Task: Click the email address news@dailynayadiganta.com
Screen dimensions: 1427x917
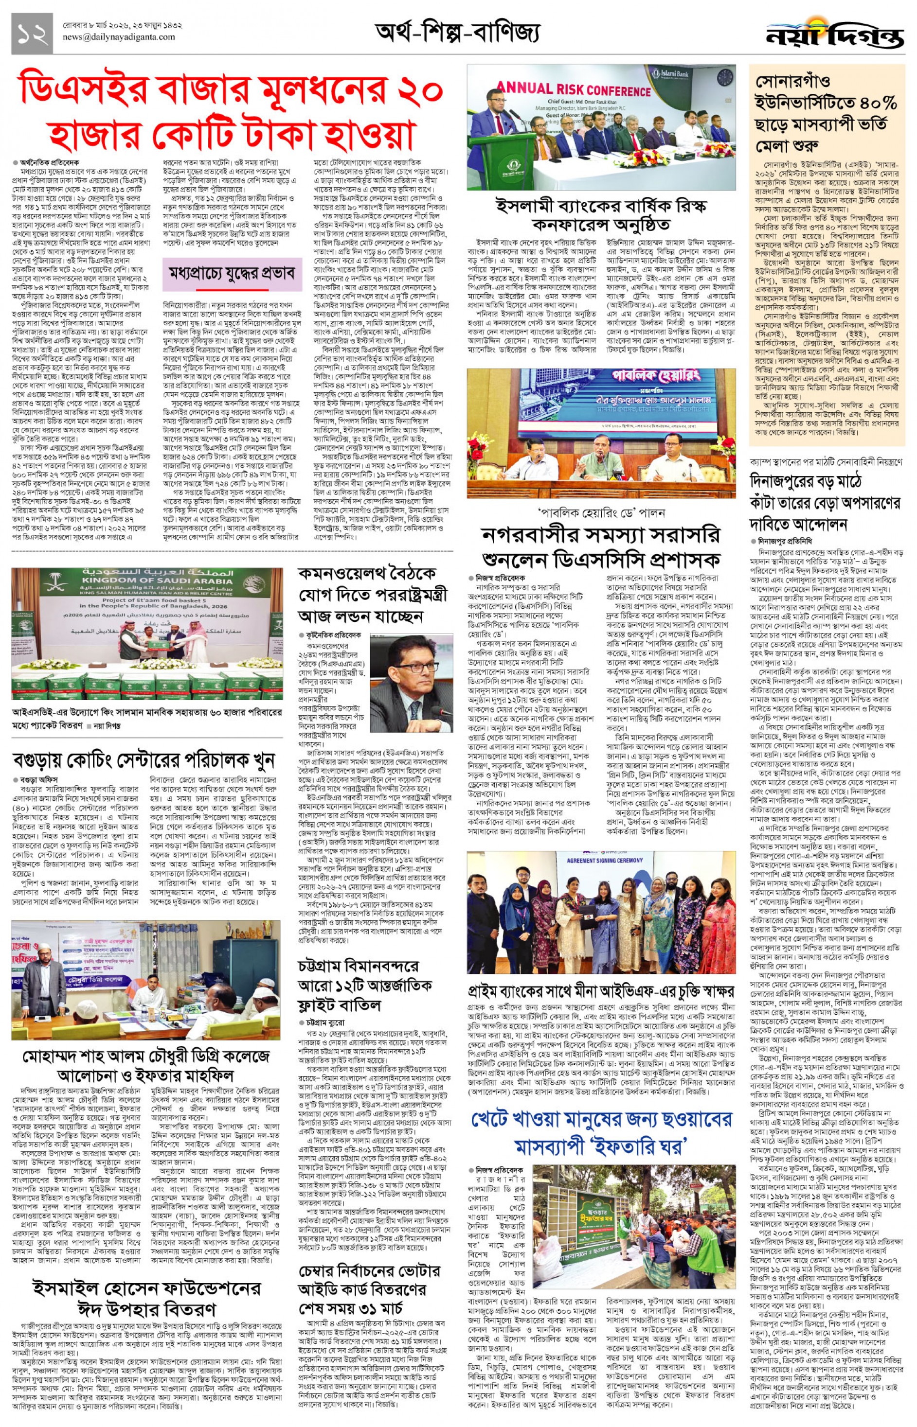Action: point(119,37)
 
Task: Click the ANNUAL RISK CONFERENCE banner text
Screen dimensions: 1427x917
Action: point(574,91)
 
